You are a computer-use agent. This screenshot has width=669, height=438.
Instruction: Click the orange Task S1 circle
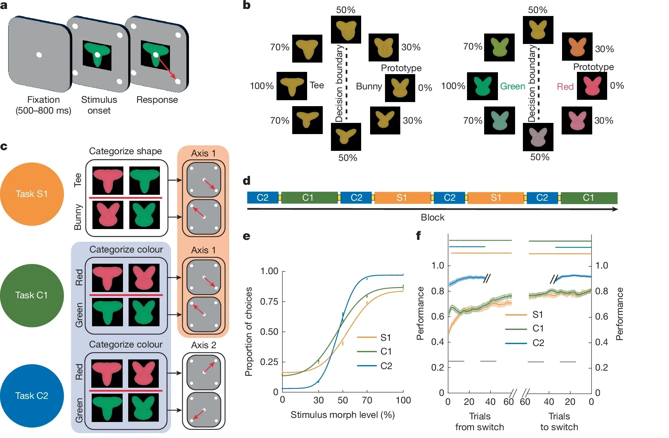(x=32, y=194)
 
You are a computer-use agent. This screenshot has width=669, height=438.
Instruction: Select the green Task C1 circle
(x=32, y=295)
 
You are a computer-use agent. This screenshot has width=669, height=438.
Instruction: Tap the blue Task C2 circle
(x=32, y=396)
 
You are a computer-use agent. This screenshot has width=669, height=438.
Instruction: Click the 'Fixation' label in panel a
(x=43, y=100)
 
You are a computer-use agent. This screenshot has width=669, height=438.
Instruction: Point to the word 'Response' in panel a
(x=157, y=100)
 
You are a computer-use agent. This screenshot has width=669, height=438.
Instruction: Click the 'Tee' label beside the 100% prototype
(x=317, y=85)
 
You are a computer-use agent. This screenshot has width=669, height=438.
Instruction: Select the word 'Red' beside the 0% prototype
(x=565, y=87)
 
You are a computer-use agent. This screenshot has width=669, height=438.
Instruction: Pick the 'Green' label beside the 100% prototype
(x=512, y=86)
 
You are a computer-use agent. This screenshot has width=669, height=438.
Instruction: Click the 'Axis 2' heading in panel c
(x=203, y=345)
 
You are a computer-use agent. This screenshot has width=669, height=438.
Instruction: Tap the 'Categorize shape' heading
(x=125, y=151)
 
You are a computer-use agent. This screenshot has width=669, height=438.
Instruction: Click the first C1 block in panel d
(x=308, y=198)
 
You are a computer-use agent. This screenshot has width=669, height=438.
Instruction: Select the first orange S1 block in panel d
(x=402, y=198)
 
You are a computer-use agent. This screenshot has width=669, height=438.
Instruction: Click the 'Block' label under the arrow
(x=432, y=218)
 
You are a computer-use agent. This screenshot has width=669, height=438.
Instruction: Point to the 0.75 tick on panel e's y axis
(x=269, y=302)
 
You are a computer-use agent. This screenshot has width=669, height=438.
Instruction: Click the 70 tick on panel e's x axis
(x=367, y=400)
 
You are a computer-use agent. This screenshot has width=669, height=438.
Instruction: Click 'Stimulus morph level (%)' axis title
(x=343, y=415)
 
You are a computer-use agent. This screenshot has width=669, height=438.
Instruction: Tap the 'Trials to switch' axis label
(x=559, y=422)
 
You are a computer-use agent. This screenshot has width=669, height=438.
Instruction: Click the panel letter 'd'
(x=246, y=181)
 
